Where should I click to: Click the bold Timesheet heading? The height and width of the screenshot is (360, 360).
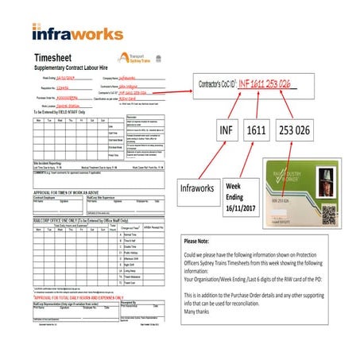click(x=56, y=57)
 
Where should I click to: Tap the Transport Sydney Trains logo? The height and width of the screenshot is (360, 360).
click(x=129, y=57)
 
